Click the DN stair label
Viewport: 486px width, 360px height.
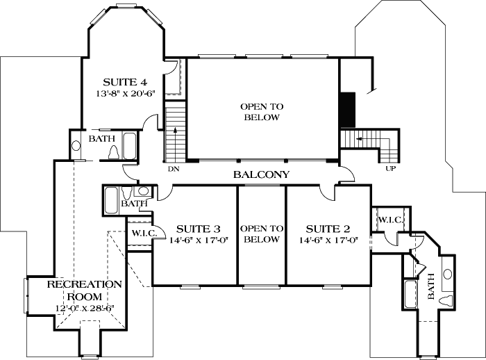point(174,168)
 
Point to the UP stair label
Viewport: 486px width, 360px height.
point(390,168)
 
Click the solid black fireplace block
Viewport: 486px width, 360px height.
point(347,110)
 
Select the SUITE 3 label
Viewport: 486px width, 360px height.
point(198,229)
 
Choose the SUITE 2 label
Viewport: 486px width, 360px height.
point(328,229)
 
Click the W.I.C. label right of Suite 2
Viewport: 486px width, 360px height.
point(390,220)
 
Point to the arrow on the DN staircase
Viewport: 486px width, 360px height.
point(174,131)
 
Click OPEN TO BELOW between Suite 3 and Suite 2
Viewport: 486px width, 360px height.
point(262,234)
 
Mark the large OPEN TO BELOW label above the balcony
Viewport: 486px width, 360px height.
point(261,112)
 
